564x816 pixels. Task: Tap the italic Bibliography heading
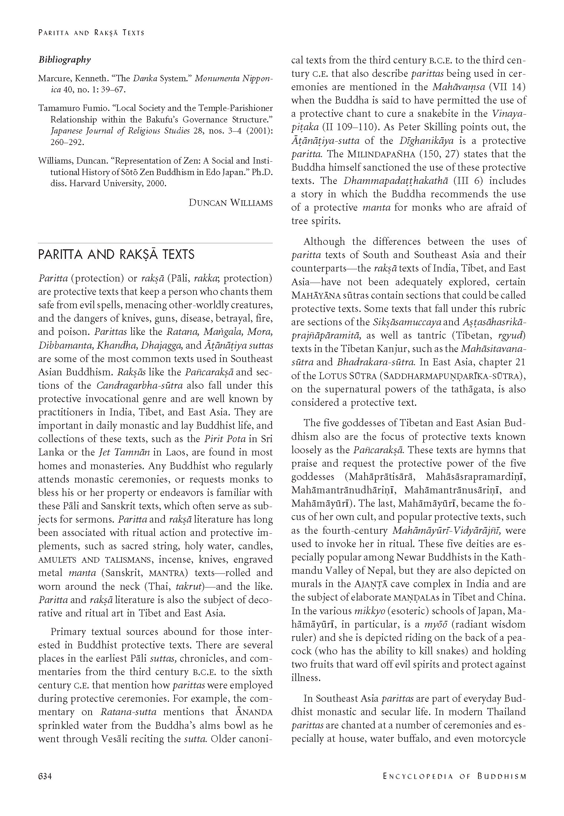pyautogui.click(x=64, y=60)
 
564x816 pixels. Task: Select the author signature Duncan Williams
pyautogui.click(x=230, y=203)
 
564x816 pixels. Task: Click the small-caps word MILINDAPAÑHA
pyautogui.click(x=380, y=154)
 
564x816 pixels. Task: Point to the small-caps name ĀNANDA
pyautogui.click(x=254, y=712)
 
